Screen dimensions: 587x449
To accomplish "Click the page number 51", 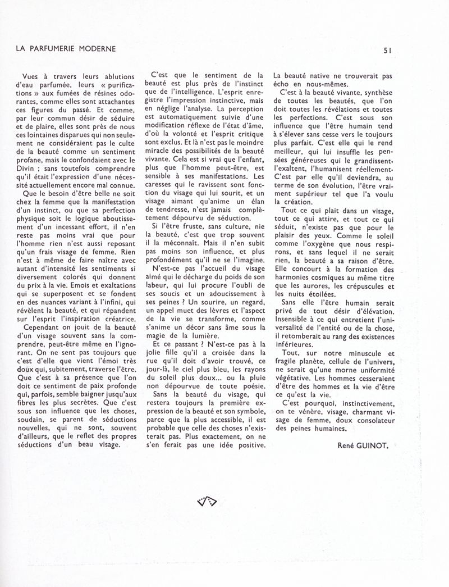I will [387, 49].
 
